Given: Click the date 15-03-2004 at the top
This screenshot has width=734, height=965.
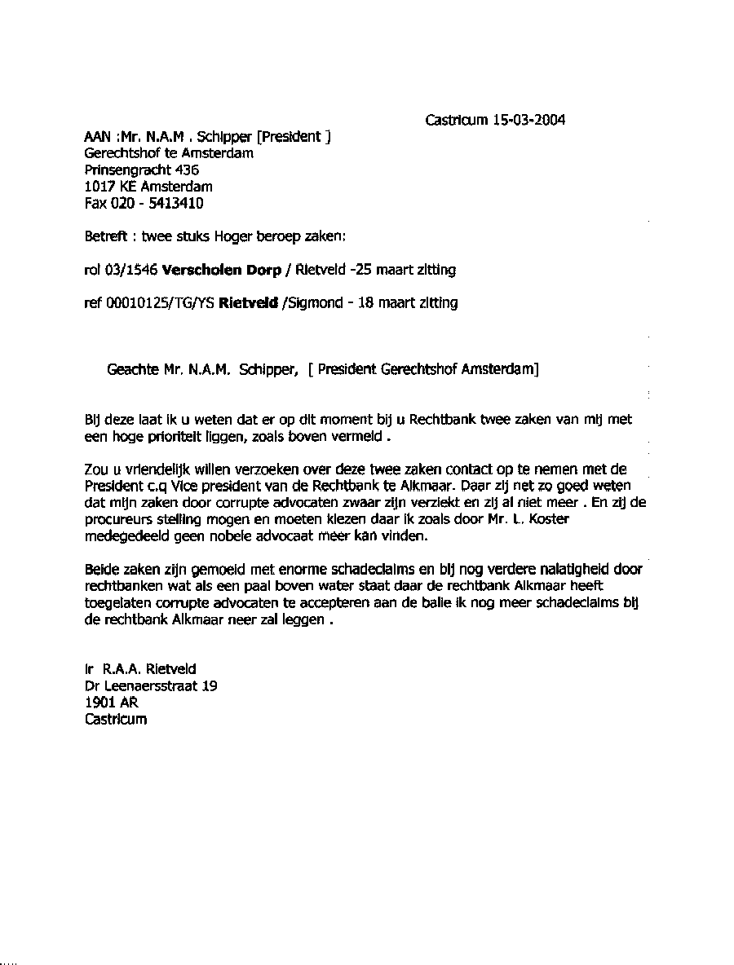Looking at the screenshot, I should (x=528, y=121).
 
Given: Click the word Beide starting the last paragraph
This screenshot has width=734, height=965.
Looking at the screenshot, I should (x=101, y=569).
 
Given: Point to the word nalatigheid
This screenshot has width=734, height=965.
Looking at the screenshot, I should (x=584, y=569).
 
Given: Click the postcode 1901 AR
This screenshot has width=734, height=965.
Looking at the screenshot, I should (x=106, y=703).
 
